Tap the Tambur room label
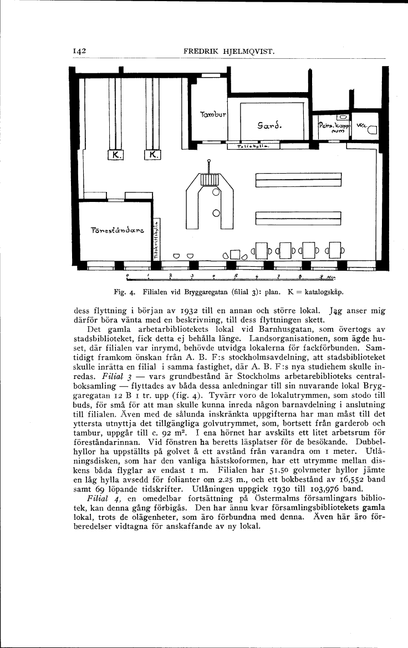point(208,115)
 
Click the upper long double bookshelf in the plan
point(297,181)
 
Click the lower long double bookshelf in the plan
point(297,218)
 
